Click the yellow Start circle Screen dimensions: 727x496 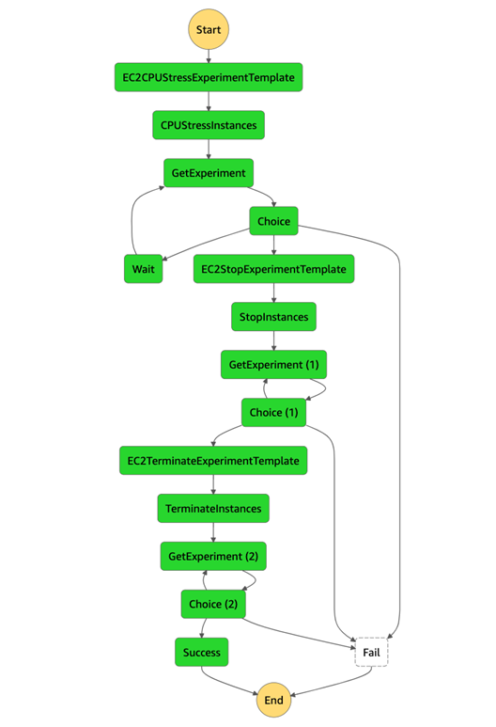point(208,29)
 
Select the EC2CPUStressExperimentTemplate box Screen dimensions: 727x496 point(208,77)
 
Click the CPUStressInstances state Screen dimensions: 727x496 point(208,125)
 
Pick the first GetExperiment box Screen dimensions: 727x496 point(208,173)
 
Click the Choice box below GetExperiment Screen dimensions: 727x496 point(273,221)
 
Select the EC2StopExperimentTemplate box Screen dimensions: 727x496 point(273,269)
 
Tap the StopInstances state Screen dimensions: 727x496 point(273,317)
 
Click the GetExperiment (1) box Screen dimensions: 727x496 point(273,365)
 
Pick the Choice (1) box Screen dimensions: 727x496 point(273,413)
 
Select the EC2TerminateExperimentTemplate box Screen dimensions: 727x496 point(213,461)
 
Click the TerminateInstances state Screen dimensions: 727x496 point(213,509)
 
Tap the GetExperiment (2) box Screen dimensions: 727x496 point(213,557)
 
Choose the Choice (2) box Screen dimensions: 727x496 point(213,604)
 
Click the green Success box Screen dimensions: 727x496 point(201,652)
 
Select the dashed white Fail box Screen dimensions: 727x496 point(371,652)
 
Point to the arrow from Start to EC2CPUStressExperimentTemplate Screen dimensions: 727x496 point(208,55)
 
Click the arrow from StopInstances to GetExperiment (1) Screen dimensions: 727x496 point(273,340)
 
